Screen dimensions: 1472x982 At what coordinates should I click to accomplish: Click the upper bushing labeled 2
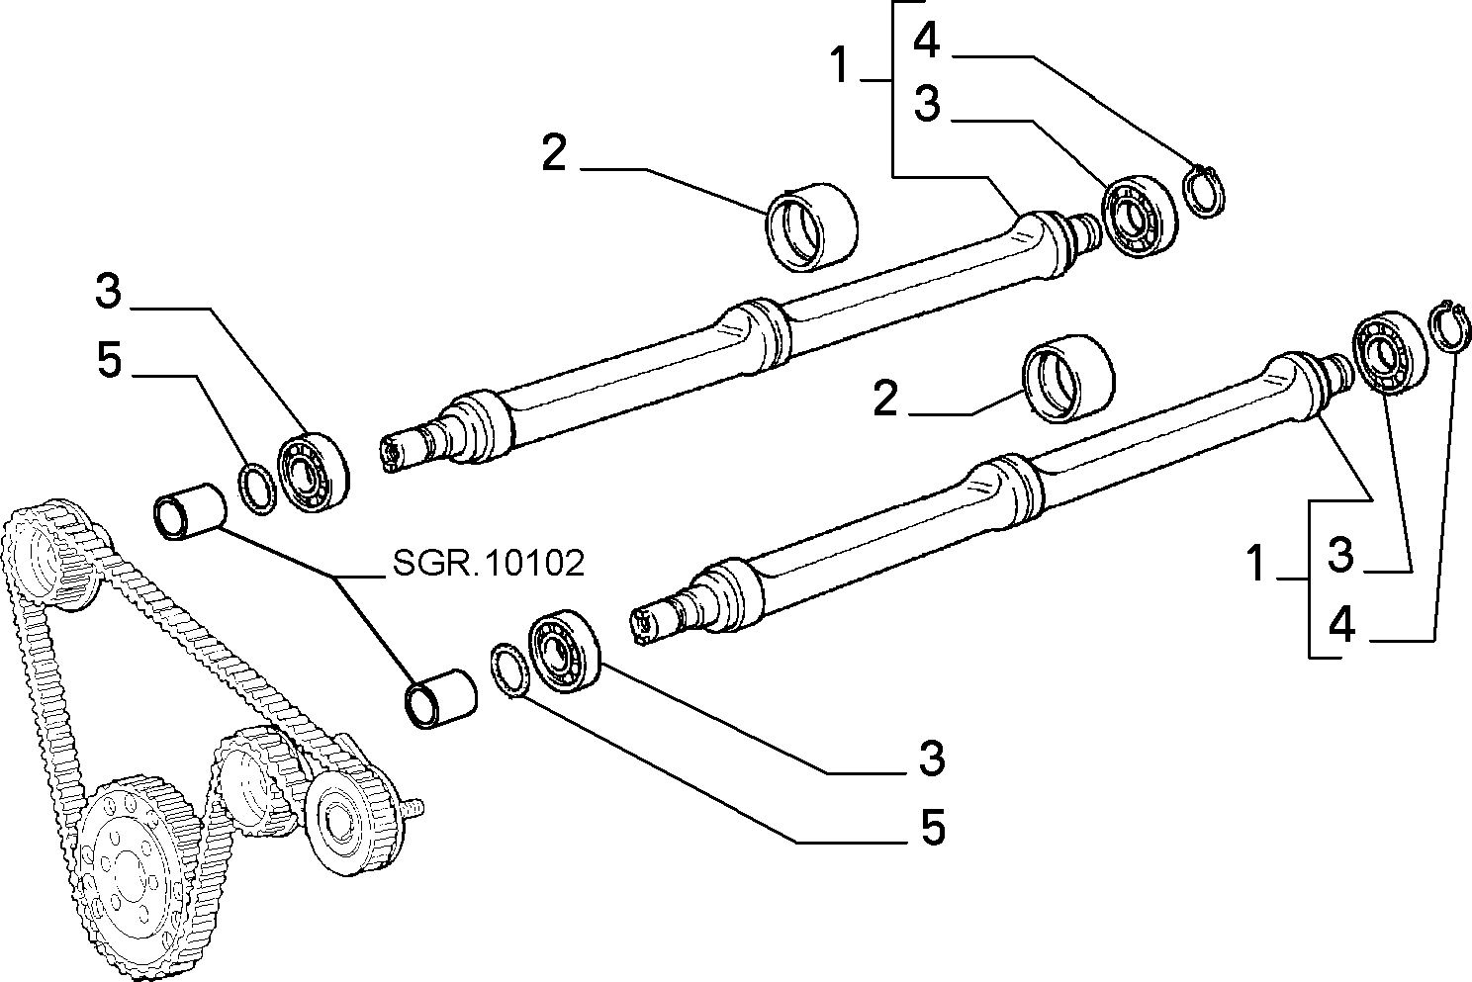[812, 227]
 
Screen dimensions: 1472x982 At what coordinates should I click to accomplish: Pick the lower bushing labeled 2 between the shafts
[1067, 379]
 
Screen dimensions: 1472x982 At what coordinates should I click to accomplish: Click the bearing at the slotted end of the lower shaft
[565, 651]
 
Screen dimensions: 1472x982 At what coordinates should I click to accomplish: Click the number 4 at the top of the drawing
[927, 41]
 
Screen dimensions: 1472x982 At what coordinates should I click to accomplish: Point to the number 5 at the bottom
[933, 826]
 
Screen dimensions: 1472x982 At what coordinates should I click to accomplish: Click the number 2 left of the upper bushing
[554, 153]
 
